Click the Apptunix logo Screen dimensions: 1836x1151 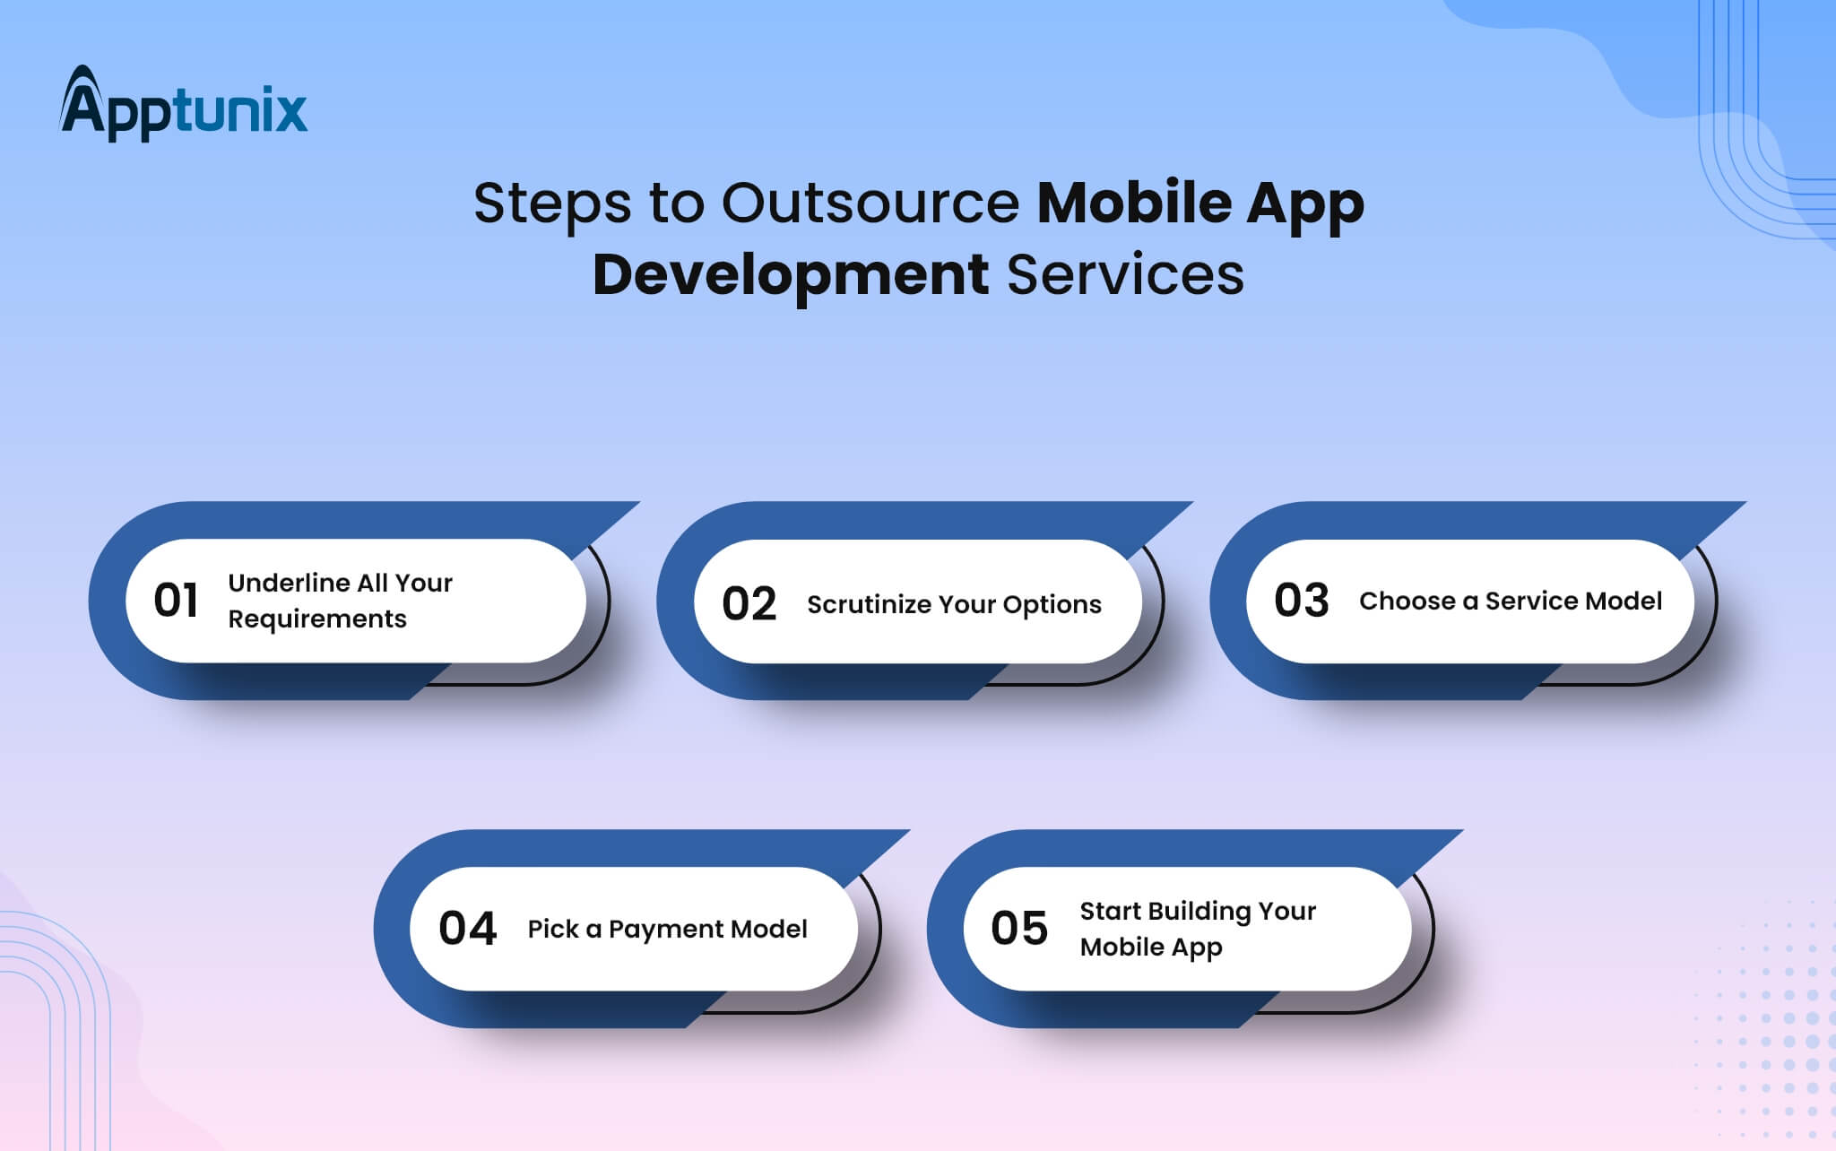tap(184, 104)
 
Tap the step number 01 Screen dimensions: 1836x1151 tap(176, 601)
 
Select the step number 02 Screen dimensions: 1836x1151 tap(749, 604)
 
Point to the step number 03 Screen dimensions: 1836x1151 tap(1301, 601)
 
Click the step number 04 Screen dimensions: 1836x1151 tap(467, 929)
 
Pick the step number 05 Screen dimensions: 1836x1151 tap(1019, 929)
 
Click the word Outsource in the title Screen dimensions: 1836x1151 tap(870, 203)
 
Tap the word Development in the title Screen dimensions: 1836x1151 tap(791, 274)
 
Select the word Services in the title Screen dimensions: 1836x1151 tap(1126, 274)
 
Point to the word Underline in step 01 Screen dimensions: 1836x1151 tap(289, 583)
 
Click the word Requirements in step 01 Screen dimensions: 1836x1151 tap(317, 619)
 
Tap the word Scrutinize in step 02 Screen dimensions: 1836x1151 tap(870, 605)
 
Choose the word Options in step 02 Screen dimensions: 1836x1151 tap(1052, 606)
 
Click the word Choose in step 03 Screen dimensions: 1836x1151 tap(1407, 601)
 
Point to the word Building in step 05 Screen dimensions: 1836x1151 tap(1199, 912)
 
